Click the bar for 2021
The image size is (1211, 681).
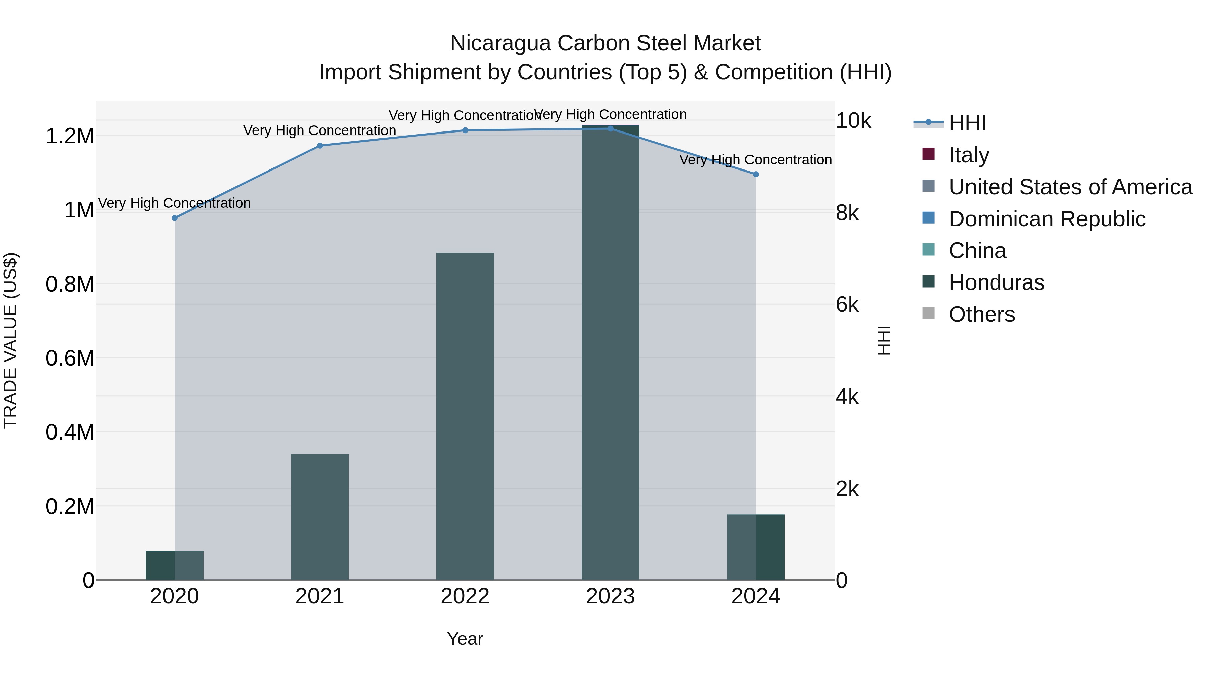pos(320,517)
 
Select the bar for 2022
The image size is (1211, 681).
pos(465,416)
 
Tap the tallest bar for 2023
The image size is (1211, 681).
pos(610,352)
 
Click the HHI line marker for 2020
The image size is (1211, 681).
pos(174,218)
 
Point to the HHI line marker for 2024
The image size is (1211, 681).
pos(756,174)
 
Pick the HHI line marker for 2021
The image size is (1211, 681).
pos(320,146)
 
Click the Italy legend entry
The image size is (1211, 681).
pos(968,155)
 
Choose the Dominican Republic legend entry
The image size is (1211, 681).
pos(1047,219)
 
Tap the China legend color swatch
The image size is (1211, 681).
pos(928,250)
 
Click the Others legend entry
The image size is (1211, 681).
pos(981,314)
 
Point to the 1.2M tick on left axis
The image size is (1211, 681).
pos(70,136)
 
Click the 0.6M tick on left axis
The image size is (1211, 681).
pos(70,358)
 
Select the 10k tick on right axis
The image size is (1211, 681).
pos(853,121)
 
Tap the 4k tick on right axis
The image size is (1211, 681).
pos(847,397)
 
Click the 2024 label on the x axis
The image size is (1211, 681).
pos(756,596)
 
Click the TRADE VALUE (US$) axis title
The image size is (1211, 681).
pos(10,340)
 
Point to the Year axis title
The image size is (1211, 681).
pos(465,639)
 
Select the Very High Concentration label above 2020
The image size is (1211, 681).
pos(174,203)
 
